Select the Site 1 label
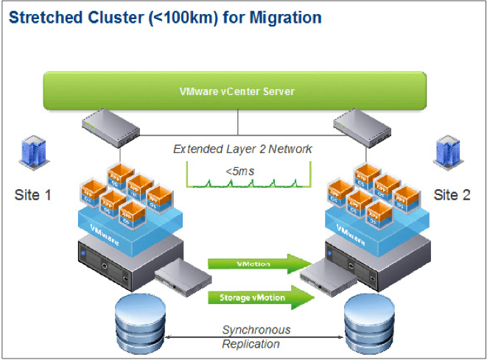[34, 195]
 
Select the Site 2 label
[452, 195]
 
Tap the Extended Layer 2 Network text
[242, 149]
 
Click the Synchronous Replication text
[255, 336]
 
